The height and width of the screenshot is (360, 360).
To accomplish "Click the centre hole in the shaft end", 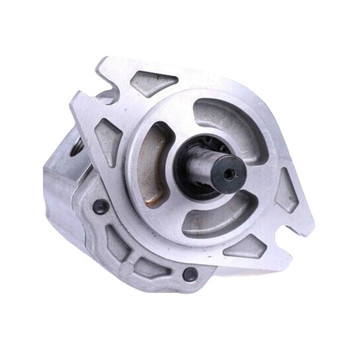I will coord(230,172).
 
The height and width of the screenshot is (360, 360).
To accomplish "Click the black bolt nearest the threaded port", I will coord(100,207).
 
